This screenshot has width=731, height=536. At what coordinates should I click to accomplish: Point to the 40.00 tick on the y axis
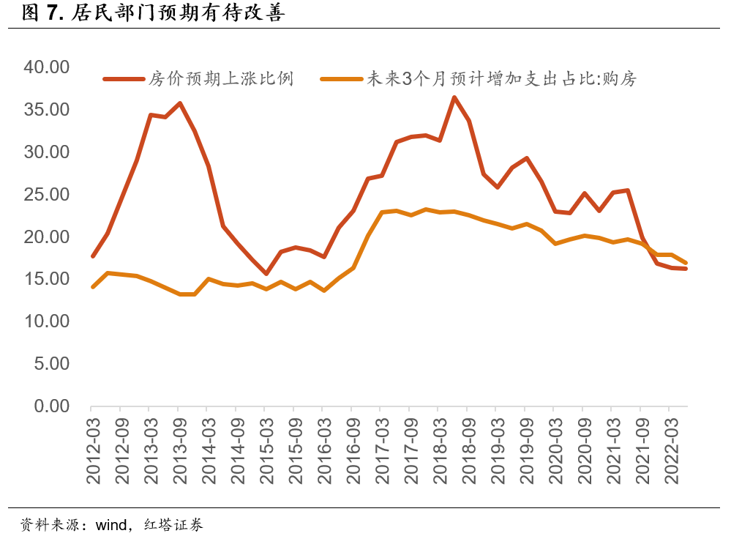[46, 67]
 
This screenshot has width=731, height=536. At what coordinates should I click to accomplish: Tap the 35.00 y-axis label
[46, 110]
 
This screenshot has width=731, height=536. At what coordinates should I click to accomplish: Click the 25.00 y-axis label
[46, 195]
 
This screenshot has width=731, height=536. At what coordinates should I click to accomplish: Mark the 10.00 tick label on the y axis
[46, 321]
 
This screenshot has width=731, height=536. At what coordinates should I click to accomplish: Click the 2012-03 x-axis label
[93, 450]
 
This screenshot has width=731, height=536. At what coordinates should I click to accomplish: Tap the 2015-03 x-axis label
[266, 450]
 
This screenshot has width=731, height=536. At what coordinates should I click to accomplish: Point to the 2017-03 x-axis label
[382, 450]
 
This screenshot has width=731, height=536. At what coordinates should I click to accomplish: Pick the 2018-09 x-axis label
[468, 450]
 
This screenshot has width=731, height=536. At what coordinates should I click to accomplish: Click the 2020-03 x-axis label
[555, 450]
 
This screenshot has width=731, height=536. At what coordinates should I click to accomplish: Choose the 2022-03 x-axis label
[670, 450]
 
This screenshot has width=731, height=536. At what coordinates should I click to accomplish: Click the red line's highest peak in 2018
[454, 97]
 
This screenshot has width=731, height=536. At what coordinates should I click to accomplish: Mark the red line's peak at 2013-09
[179, 103]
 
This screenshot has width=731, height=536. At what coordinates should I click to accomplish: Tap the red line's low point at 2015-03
[266, 274]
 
